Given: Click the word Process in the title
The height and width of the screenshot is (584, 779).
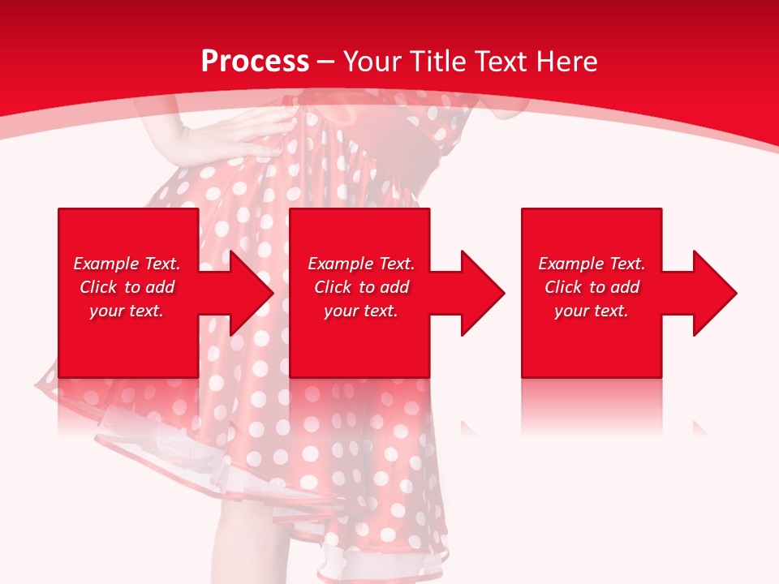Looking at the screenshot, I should pyautogui.click(x=255, y=62).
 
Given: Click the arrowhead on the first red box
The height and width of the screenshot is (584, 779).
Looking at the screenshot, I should pyautogui.click(x=248, y=293).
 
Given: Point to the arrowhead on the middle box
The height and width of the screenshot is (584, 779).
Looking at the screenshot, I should pyautogui.click(x=480, y=293).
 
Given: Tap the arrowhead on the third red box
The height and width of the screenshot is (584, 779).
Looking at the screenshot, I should pyautogui.click(x=712, y=293).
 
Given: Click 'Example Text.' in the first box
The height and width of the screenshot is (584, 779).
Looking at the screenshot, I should pyautogui.click(x=127, y=264).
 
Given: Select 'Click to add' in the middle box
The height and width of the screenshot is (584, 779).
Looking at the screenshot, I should pyautogui.click(x=361, y=287).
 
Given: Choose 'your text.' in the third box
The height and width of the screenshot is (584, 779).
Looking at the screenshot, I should pyautogui.click(x=592, y=311).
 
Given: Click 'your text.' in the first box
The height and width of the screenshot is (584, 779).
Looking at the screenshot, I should pyautogui.click(x=127, y=311).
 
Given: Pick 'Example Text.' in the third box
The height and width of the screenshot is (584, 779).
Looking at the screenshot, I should pyautogui.click(x=592, y=264).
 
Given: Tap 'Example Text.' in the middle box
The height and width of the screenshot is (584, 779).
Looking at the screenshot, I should pyautogui.click(x=361, y=264).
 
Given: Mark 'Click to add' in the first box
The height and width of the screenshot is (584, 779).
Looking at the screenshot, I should pyautogui.click(x=127, y=287).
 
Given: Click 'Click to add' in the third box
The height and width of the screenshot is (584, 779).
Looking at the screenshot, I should pyautogui.click(x=592, y=287).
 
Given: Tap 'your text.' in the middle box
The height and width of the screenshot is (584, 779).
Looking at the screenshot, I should pyautogui.click(x=361, y=311).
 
